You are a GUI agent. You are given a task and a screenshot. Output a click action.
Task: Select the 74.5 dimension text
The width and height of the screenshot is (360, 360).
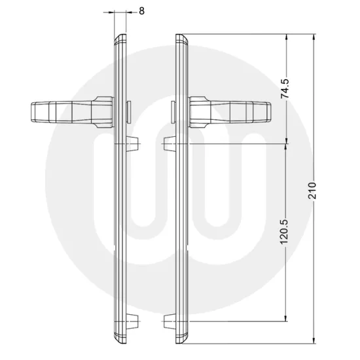click(x=284, y=88)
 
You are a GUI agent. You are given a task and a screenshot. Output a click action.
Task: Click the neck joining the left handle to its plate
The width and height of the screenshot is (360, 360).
click(x=103, y=110)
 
